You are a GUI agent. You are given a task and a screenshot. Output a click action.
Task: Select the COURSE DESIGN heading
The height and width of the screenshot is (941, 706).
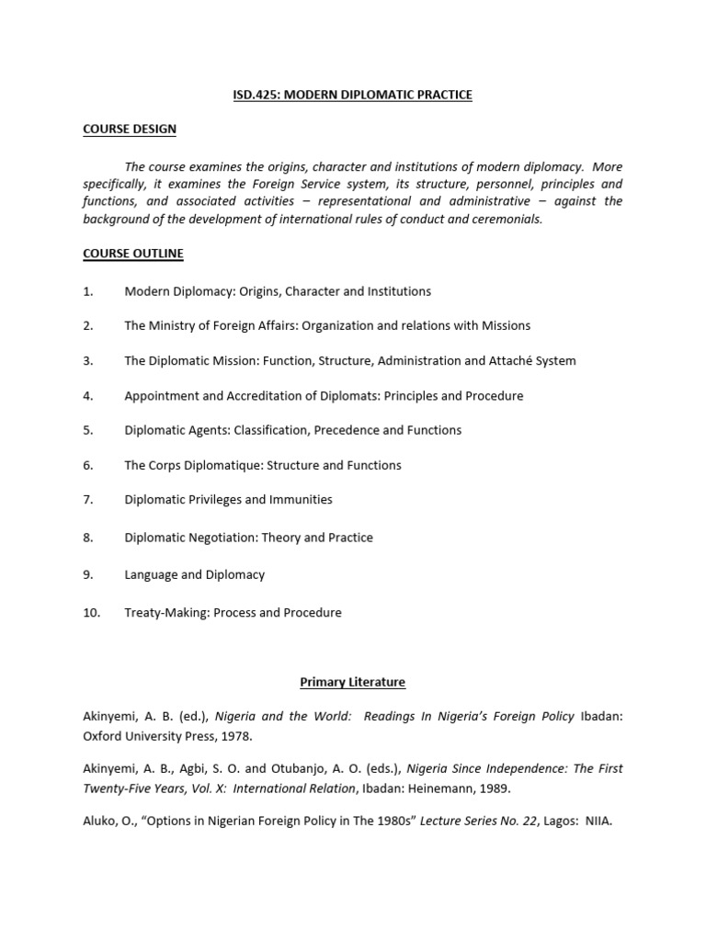tap(129, 130)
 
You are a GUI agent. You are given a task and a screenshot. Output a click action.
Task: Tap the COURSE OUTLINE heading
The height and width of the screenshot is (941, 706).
tap(133, 253)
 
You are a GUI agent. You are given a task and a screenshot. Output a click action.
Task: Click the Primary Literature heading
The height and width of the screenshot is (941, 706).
tap(352, 682)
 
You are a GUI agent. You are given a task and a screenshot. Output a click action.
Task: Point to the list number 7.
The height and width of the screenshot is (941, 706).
tap(88, 500)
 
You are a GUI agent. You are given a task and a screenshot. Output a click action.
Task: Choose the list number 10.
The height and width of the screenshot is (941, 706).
tap(91, 612)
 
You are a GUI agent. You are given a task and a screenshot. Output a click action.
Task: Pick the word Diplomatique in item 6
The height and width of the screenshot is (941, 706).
tap(223, 465)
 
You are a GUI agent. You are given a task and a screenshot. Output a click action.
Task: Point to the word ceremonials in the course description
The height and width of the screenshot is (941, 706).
tap(505, 219)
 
